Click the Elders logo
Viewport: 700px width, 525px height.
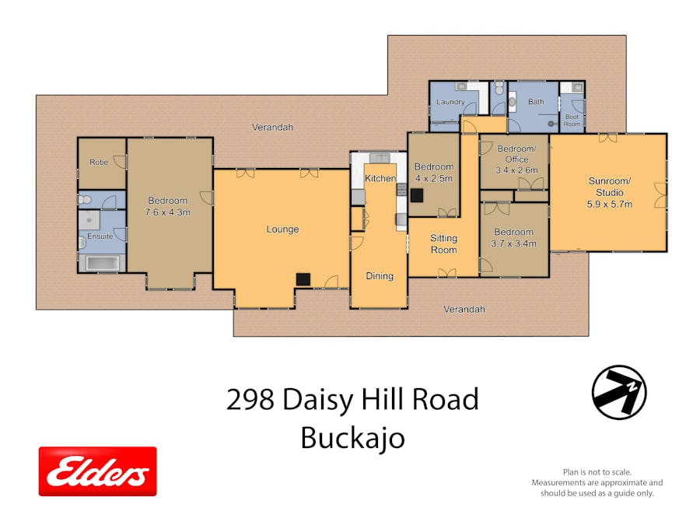pyautogui.click(x=98, y=471)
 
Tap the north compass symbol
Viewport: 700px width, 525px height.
pyautogui.click(x=619, y=393)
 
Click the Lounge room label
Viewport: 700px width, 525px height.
pyautogui.click(x=282, y=229)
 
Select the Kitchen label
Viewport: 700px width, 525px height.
pyautogui.click(x=380, y=178)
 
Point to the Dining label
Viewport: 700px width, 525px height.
pyautogui.click(x=380, y=276)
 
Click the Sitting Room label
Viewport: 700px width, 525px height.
pyautogui.click(x=444, y=243)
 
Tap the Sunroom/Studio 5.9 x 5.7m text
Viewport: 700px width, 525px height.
pyautogui.click(x=609, y=192)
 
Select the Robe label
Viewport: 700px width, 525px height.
pyautogui.click(x=99, y=162)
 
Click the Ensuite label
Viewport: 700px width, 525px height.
pyautogui.click(x=100, y=236)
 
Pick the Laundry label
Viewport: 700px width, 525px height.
pyautogui.click(x=450, y=102)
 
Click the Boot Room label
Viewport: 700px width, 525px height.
pyautogui.click(x=572, y=120)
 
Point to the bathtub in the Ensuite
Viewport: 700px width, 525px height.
pyautogui.click(x=103, y=263)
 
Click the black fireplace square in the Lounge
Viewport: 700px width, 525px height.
pyautogui.click(x=303, y=279)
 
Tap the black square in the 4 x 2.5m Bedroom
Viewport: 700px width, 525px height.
pyautogui.click(x=417, y=195)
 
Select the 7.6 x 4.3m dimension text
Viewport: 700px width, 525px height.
pyautogui.click(x=167, y=212)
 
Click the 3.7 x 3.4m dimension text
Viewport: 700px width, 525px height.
pyautogui.click(x=514, y=243)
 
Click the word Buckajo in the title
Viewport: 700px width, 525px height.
pyautogui.click(x=352, y=438)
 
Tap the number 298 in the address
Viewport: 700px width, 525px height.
pyautogui.click(x=250, y=399)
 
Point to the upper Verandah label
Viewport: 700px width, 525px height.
pyautogui.click(x=272, y=128)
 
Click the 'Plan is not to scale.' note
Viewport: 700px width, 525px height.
pyautogui.click(x=597, y=472)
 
